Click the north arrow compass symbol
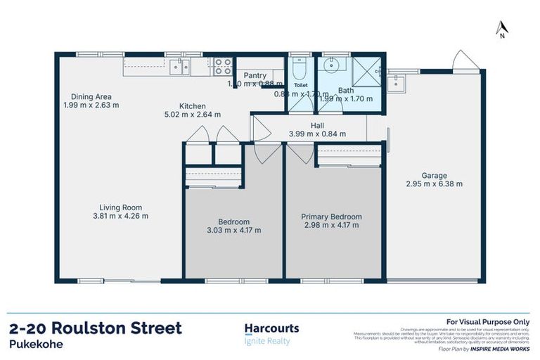coord(501,28)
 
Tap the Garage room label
coord(435,176)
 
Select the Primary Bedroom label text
coord(331,217)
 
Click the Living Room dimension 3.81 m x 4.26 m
coord(120,216)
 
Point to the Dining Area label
coord(91,97)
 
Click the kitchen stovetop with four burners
coord(223,66)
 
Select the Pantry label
coord(255,75)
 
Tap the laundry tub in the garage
coord(398,82)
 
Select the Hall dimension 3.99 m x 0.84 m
coord(317,134)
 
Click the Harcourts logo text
coord(271,328)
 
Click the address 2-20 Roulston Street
coord(96,328)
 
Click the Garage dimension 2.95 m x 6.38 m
coord(435,185)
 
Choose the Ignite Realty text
coord(266,342)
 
